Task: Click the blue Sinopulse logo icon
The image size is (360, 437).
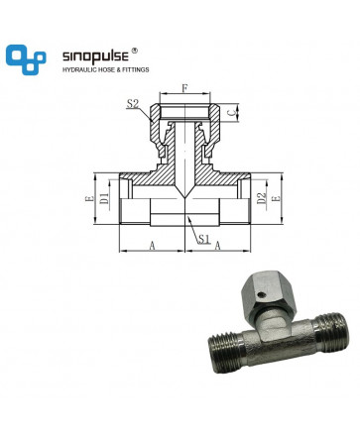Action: click(x=26, y=59)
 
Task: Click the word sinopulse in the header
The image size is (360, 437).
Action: click(x=95, y=55)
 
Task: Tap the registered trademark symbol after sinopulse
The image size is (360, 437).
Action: click(x=135, y=51)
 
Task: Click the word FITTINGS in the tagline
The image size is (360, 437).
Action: click(x=136, y=69)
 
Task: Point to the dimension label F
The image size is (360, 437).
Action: click(x=185, y=88)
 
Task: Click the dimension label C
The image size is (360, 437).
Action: click(x=232, y=112)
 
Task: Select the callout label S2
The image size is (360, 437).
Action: click(x=132, y=104)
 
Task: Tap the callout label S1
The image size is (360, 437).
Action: click(x=204, y=239)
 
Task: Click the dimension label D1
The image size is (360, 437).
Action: click(x=104, y=197)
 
